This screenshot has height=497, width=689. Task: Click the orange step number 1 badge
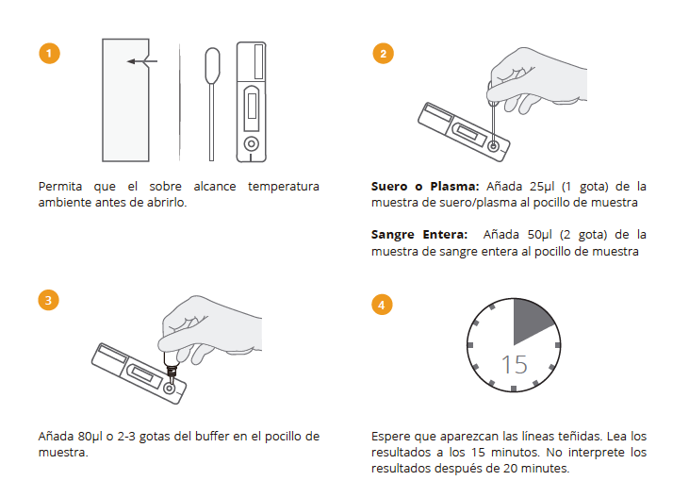click(x=50, y=53)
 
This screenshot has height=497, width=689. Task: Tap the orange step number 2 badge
click(x=382, y=53)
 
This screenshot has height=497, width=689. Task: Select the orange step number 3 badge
click(x=50, y=301)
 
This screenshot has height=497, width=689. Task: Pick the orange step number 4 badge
click(x=382, y=304)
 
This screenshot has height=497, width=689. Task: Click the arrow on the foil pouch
click(x=141, y=61)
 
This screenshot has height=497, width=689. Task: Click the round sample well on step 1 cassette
click(x=251, y=143)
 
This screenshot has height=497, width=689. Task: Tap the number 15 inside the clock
click(x=514, y=364)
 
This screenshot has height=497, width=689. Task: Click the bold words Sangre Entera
click(x=419, y=234)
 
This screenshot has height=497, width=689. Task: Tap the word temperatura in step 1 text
click(x=283, y=186)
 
